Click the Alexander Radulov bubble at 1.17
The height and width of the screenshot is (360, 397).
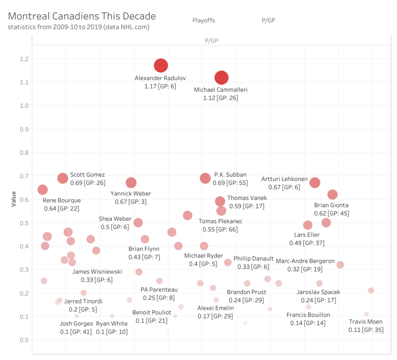tap(161, 65)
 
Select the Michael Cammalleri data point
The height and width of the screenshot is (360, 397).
tap(222, 78)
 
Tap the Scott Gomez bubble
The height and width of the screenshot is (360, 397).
tap(63, 179)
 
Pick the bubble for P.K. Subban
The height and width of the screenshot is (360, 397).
tap(206, 179)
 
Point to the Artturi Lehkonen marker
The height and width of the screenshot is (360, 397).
tap(315, 183)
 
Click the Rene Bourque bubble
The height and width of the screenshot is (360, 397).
tap(43, 190)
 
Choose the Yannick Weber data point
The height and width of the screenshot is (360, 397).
tap(131, 183)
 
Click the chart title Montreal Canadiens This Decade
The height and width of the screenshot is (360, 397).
tap(82, 16)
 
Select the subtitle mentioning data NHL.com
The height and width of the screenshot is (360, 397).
tap(79, 27)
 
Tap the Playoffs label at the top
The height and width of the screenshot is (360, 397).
tap(204, 20)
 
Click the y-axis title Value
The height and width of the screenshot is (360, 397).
tap(15, 199)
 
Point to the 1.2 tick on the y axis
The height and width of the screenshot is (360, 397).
tap(23, 59)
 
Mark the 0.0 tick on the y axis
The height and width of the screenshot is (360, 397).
tap(23, 340)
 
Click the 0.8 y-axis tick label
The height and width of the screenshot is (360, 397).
tap(23, 153)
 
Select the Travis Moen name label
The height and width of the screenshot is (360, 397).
tap(365, 322)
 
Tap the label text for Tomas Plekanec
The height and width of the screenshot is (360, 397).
tap(221, 221)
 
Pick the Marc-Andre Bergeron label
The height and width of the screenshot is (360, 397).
tap(305, 261)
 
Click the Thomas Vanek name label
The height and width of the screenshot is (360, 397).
tap(247, 198)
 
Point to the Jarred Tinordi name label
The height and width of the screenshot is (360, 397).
tap(83, 301)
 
